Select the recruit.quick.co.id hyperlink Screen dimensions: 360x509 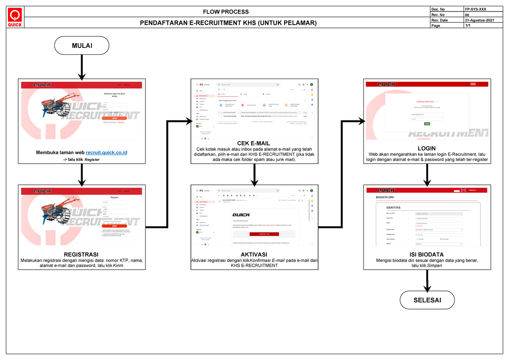(106, 152)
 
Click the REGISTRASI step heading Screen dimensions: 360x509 (81, 254)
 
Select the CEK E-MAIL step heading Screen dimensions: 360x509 (254, 143)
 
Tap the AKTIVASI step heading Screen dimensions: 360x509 (254, 254)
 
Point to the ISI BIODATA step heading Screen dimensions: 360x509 (427, 254)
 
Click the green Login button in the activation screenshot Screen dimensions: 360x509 (427, 124)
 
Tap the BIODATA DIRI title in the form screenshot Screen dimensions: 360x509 (386, 198)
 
